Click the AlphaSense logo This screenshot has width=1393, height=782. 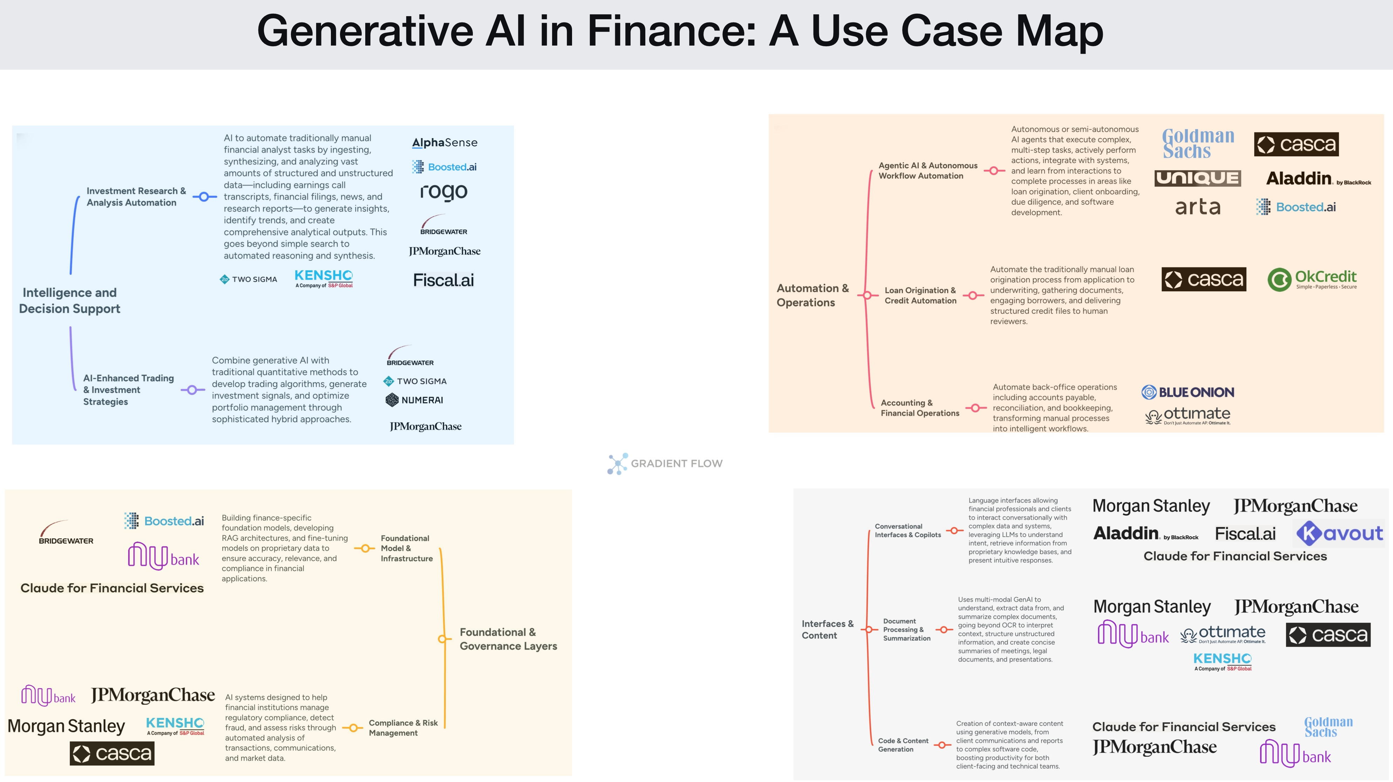click(x=444, y=143)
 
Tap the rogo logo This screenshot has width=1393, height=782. click(x=443, y=191)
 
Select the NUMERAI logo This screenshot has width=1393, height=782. click(x=414, y=400)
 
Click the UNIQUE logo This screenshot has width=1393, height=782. click(x=1197, y=178)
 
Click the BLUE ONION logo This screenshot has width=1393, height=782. click(x=1188, y=393)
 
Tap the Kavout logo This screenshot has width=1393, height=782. click(x=1339, y=534)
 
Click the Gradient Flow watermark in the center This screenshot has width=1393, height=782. click(x=665, y=463)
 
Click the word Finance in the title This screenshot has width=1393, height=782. click(x=671, y=31)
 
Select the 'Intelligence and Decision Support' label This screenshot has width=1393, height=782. click(x=70, y=301)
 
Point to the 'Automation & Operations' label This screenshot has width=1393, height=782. click(x=812, y=295)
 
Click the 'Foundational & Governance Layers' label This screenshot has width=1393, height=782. click(x=508, y=639)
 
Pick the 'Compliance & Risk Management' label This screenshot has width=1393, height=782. click(x=403, y=728)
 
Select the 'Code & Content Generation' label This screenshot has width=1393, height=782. click(x=903, y=745)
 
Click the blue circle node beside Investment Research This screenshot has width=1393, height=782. click(x=204, y=197)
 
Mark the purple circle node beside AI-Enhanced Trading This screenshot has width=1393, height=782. click(x=192, y=390)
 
